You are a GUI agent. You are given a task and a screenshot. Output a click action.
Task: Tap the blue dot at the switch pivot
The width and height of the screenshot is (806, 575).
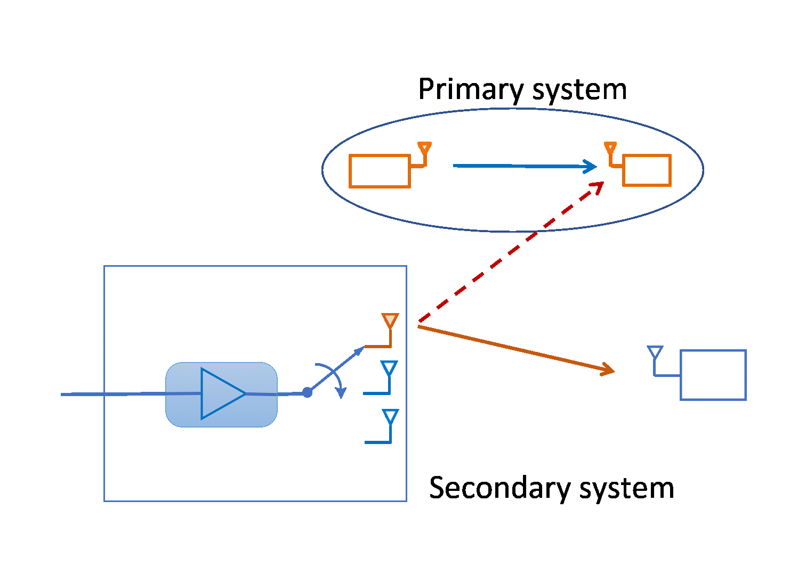coord(307,392)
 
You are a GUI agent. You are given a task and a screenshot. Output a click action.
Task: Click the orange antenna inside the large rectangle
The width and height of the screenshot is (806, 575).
coord(390,321)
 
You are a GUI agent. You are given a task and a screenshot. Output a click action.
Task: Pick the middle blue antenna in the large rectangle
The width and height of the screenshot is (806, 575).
coord(389,368)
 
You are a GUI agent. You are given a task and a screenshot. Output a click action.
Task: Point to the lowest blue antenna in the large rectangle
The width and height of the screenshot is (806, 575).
coord(390,416)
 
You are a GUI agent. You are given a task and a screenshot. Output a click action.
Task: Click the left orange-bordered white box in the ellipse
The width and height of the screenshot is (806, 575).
coord(380,171)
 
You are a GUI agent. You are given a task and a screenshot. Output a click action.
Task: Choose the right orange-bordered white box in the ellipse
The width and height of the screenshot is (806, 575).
coord(647,170)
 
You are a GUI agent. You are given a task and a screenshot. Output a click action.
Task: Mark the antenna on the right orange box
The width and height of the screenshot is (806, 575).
coord(610,147)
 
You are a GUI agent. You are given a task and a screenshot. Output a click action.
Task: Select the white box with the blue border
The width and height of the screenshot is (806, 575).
coord(713,375)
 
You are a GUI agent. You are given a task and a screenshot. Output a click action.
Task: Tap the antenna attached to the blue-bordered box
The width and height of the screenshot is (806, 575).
coord(655,352)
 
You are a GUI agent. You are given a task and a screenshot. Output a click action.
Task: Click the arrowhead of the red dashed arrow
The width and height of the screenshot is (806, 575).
coord(598,186)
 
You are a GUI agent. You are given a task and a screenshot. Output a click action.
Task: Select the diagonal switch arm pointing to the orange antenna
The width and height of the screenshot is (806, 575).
coord(336,369)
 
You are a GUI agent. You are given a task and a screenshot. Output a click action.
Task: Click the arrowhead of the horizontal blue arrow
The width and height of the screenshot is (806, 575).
coord(591,167)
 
